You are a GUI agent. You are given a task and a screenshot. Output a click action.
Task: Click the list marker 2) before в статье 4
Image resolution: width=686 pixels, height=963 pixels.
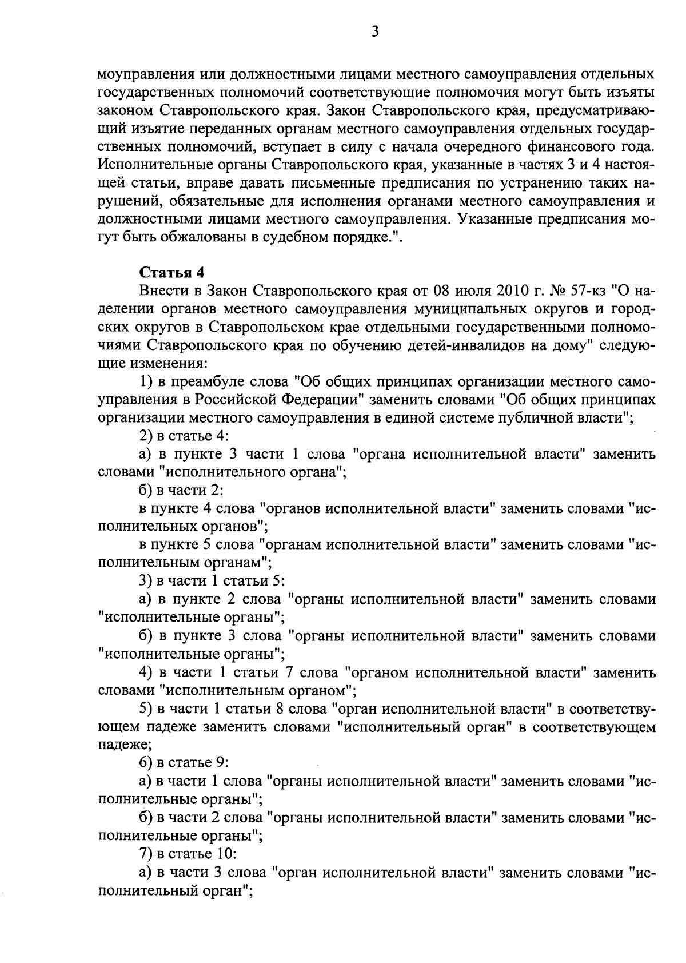click(x=147, y=436)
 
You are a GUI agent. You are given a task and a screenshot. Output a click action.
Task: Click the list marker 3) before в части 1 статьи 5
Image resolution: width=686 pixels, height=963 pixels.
click(x=147, y=581)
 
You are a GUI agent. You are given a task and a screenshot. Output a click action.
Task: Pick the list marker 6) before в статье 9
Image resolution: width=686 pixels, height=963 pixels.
click(x=147, y=763)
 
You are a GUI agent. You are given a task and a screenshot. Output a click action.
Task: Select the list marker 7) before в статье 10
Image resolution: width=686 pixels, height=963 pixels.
click(x=147, y=854)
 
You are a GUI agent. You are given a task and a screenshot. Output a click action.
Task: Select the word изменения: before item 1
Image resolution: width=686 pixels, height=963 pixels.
click(x=170, y=363)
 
